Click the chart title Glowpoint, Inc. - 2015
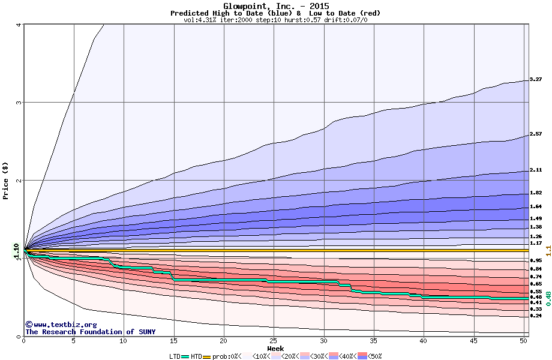tap(275, 6)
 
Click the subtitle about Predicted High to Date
tap(275, 13)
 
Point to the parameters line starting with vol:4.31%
tap(275, 20)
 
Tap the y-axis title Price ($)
tap(5, 180)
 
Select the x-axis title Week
tap(275, 349)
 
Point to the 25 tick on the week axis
tap(274, 341)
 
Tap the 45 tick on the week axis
tap(473, 341)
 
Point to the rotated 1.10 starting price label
tap(17, 252)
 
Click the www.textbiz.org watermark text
tap(56, 325)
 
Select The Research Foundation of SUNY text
tap(90, 332)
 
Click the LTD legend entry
tap(175, 356)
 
